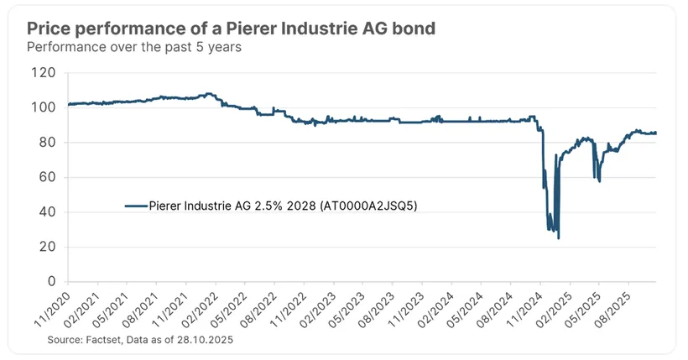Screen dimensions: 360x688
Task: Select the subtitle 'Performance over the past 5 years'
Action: click(135, 48)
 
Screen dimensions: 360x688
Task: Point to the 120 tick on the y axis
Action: click(46, 73)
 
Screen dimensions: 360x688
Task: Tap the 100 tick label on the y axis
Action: click(46, 107)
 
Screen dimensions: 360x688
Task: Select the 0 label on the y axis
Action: click(53, 281)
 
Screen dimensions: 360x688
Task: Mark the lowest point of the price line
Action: click(558, 238)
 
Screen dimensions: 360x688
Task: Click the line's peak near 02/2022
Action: click(208, 94)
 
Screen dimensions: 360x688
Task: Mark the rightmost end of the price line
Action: click(656, 133)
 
